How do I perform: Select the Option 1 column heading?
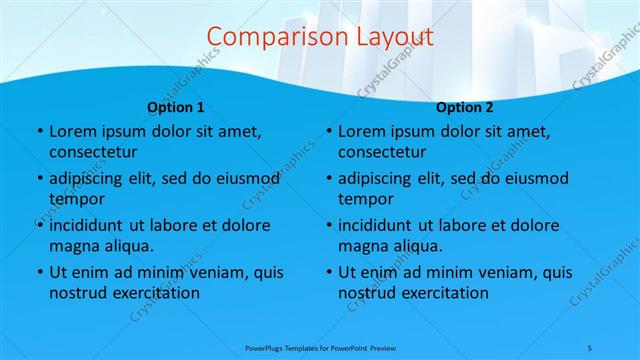click(x=176, y=107)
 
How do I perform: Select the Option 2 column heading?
click(x=465, y=107)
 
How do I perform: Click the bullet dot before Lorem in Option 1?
click(x=38, y=132)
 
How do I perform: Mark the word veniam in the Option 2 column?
click(x=492, y=272)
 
